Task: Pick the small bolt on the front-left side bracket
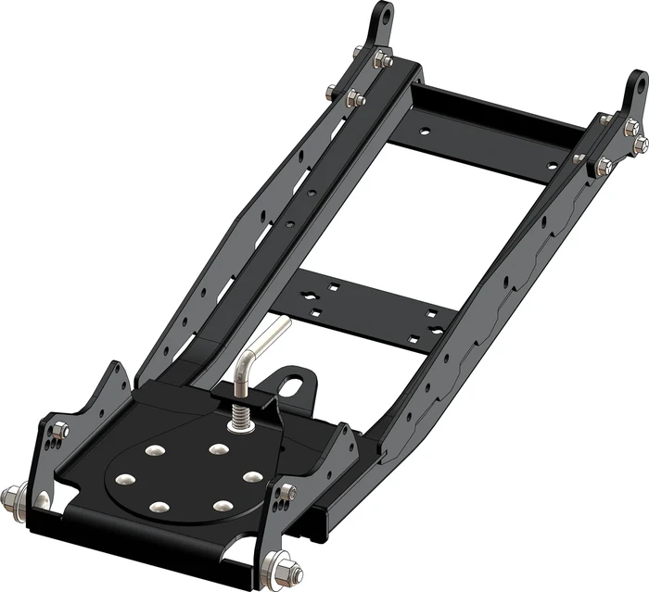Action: pos(60,430)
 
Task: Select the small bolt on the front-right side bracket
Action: pos(288,491)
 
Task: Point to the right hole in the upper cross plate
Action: pos(554,166)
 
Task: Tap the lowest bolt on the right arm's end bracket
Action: pos(604,167)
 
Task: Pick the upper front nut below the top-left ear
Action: pos(382,60)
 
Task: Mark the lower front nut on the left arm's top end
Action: pos(353,98)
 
